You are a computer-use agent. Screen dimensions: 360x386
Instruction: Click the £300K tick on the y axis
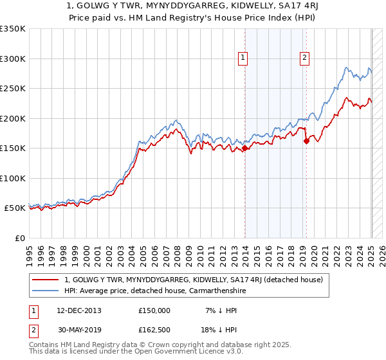pos(13,59)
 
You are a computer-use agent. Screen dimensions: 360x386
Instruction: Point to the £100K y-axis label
pos(13,178)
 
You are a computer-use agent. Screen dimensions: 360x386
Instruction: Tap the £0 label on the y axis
pos(19,238)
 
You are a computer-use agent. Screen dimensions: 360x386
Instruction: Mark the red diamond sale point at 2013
pos(244,148)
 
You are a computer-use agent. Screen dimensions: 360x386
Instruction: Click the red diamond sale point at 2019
pos(306,141)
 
